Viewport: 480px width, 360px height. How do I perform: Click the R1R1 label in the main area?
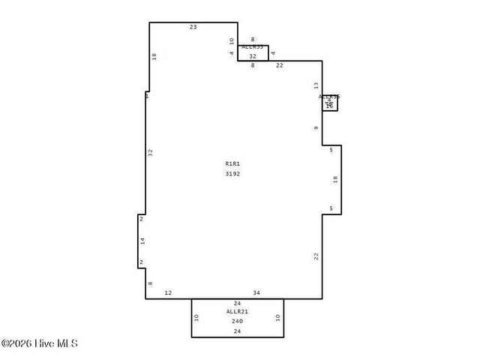point(232,163)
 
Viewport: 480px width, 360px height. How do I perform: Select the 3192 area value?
point(232,174)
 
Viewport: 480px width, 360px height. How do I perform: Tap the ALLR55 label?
point(253,47)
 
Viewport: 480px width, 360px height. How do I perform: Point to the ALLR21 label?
point(237,311)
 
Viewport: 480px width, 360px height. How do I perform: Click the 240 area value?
point(237,321)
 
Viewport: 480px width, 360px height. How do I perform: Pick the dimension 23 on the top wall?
point(193,27)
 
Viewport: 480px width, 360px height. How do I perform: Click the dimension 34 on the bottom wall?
point(256,292)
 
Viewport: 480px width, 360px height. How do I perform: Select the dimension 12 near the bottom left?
point(168,292)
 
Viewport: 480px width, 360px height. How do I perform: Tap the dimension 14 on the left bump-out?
point(142,241)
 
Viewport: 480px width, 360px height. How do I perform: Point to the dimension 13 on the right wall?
point(316,85)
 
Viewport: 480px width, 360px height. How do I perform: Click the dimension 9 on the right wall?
point(316,128)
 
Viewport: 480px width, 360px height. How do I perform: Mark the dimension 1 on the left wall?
point(147,96)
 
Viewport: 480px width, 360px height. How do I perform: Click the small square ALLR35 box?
point(330,103)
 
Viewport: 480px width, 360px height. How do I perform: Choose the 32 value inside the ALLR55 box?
point(253,56)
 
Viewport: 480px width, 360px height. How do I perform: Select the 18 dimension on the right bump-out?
point(335,179)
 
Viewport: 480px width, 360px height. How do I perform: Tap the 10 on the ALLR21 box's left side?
point(196,317)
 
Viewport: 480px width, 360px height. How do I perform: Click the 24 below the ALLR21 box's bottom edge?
point(237,331)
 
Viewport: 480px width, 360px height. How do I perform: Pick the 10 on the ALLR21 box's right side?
point(277,317)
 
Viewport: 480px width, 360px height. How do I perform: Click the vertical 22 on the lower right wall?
point(316,256)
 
